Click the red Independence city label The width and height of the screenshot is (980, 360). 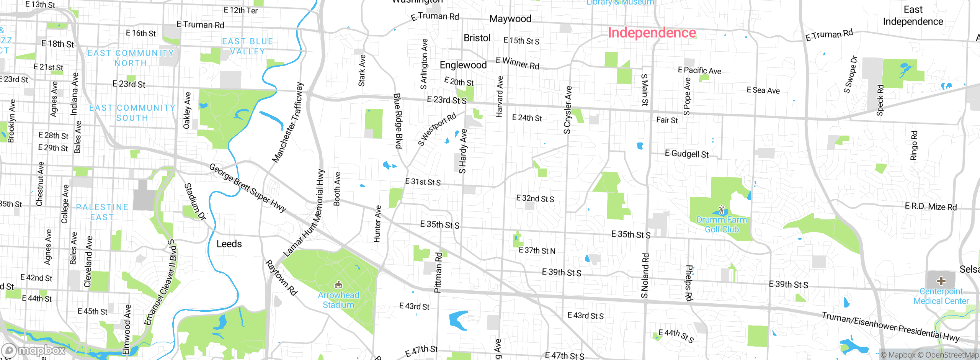pyautogui.click(x=652, y=33)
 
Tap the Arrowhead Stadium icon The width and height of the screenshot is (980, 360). pyautogui.click(x=338, y=285)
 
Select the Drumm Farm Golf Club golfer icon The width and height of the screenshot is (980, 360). pyautogui.click(x=722, y=209)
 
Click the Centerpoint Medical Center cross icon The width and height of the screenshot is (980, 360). pyautogui.click(x=941, y=281)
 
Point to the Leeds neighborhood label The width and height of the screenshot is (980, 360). pyautogui.click(x=229, y=244)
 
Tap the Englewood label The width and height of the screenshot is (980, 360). pyautogui.click(x=463, y=65)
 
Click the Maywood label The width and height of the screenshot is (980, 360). pyautogui.click(x=510, y=19)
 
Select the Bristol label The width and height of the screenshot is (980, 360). pyautogui.click(x=477, y=38)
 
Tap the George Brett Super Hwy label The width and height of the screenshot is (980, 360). pyautogui.click(x=247, y=188)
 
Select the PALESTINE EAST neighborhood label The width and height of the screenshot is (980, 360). pyautogui.click(x=102, y=212)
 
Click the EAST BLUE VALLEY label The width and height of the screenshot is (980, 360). pyautogui.click(x=247, y=46)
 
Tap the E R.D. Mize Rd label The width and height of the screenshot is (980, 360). pyautogui.click(x=931, y=207)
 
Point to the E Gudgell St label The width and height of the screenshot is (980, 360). pyautogui.click(x=687, y=154)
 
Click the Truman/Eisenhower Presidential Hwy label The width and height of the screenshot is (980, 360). pyautogui.click(x=890, y=326)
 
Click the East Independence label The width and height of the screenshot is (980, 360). pyautogui.click(x=913, y=16)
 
